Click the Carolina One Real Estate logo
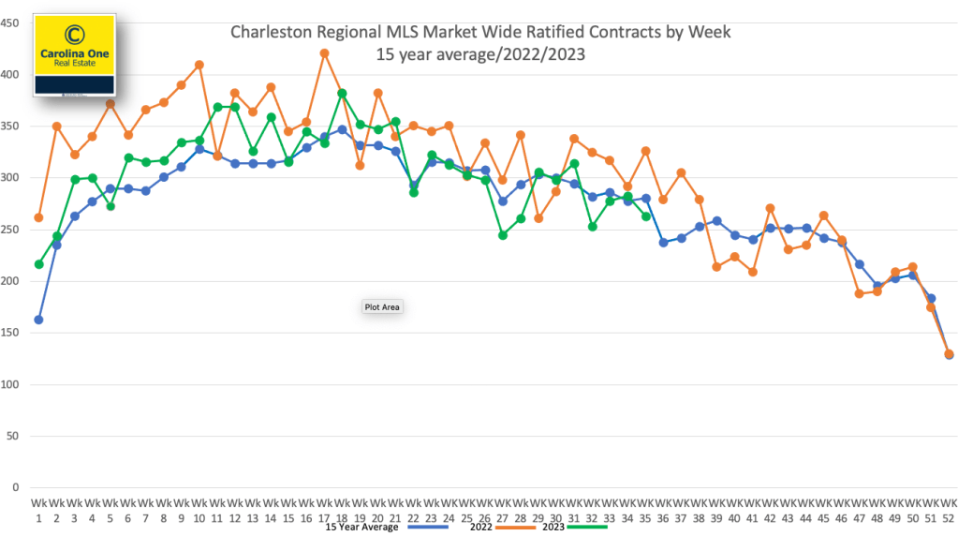74,54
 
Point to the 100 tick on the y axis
10,385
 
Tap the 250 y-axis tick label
10,230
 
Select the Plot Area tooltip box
381,306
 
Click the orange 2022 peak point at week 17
324,53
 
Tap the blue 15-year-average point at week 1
38,320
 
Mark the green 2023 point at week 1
38,264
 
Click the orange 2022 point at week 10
199,65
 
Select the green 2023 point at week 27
503,235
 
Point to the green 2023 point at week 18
342,93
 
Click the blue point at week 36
663,242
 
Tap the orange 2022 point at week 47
859,293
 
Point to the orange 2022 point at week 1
38,217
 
